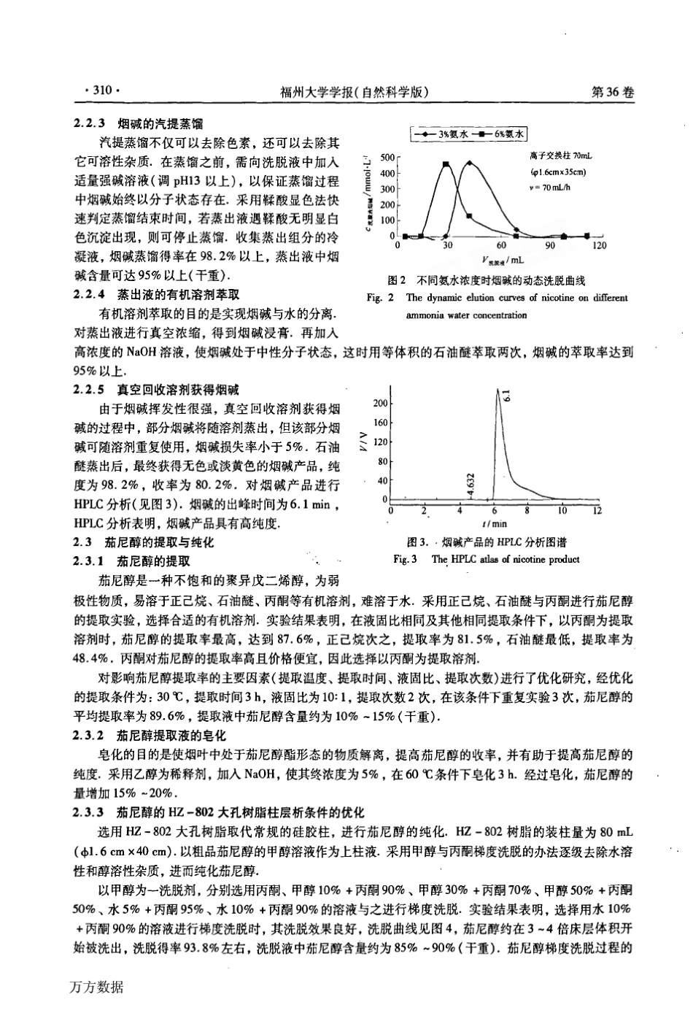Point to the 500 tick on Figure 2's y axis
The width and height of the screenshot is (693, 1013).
pos(387,158)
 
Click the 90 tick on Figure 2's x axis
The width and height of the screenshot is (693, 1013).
pos(550,246)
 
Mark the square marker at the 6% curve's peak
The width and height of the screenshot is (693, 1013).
pos(446,164)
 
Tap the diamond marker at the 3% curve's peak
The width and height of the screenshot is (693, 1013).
pos(471,163)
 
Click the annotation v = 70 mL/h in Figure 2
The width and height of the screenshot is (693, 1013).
pos(556,187)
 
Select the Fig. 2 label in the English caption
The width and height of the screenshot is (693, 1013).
pos(379,298)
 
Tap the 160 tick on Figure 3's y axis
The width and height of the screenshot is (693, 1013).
pos(380,423)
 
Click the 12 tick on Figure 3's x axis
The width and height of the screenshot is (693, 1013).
pos(597,510)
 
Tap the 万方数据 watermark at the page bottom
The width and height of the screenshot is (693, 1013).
pos(97,987)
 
